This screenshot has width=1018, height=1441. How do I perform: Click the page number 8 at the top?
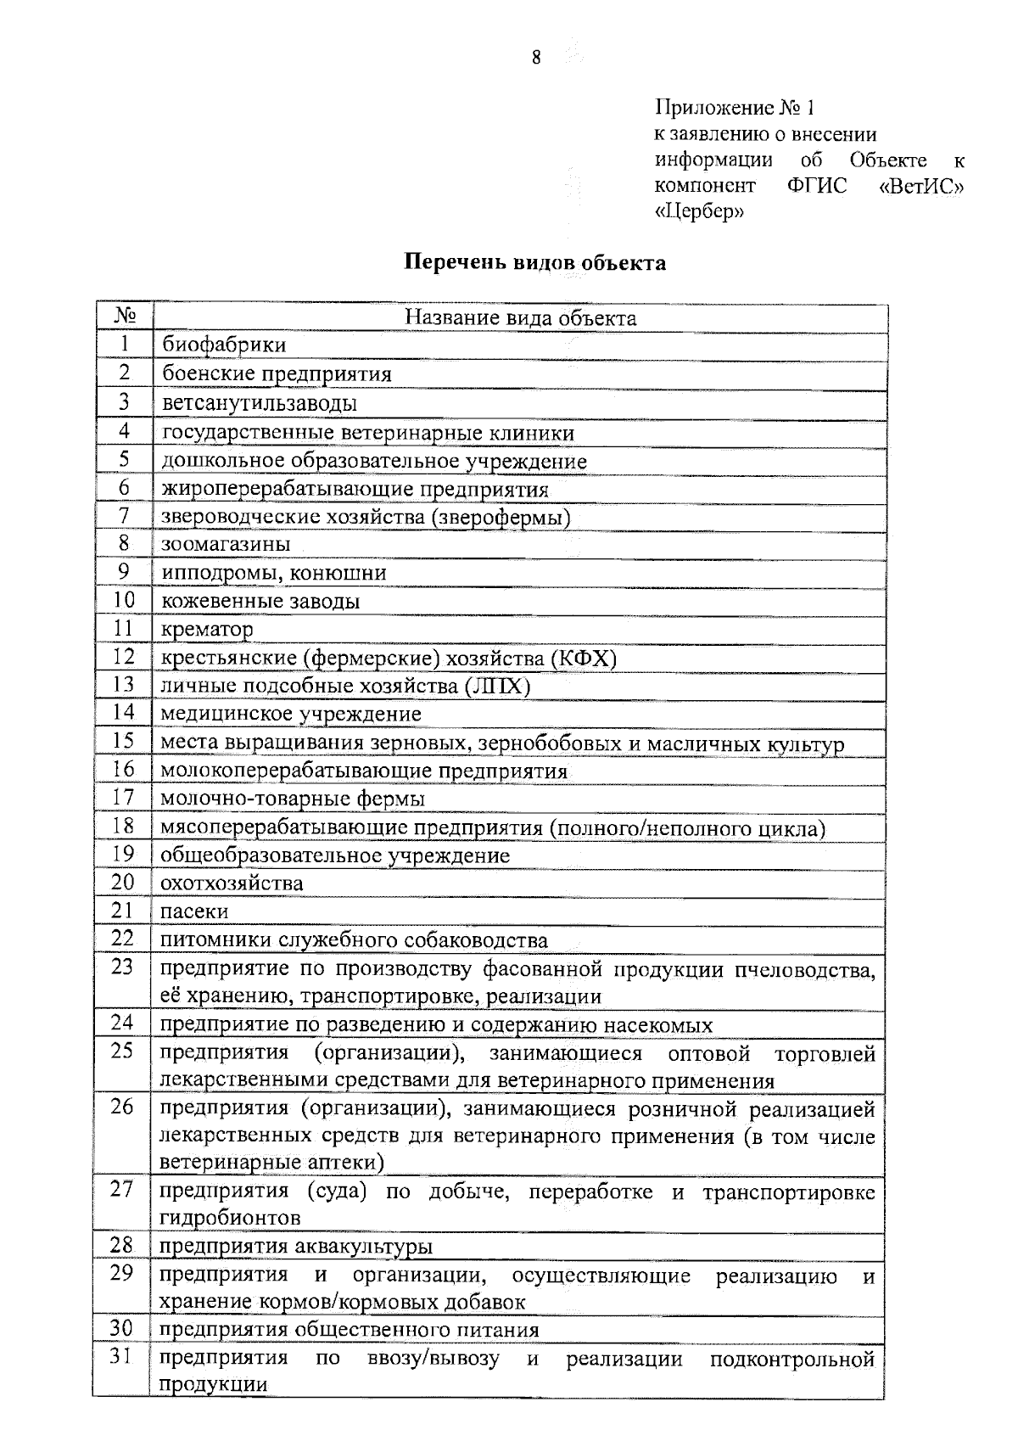point(536,58)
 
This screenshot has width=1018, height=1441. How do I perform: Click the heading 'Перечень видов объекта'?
point(534,262)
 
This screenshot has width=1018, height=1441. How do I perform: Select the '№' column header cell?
point(124,317)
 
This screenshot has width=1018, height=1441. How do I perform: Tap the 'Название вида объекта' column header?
point(520,317)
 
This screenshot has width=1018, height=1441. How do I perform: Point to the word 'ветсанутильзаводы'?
point(259,402)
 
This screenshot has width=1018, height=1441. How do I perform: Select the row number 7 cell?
point(124,515)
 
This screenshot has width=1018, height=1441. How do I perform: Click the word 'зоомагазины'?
point(226,544)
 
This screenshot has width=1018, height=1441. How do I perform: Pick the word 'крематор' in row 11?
point(207,629)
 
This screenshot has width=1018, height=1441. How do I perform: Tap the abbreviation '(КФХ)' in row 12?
point(584,658)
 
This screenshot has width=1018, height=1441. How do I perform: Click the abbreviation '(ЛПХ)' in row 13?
point(498,686)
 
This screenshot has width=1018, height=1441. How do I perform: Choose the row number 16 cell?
point(124,769)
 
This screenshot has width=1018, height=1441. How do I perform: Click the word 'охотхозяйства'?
point(232,883)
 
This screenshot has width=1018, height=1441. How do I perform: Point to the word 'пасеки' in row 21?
point(194,911)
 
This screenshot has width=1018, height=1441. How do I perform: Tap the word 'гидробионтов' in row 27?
point(230,1218)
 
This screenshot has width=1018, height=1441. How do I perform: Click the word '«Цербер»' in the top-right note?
point(699,211)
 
